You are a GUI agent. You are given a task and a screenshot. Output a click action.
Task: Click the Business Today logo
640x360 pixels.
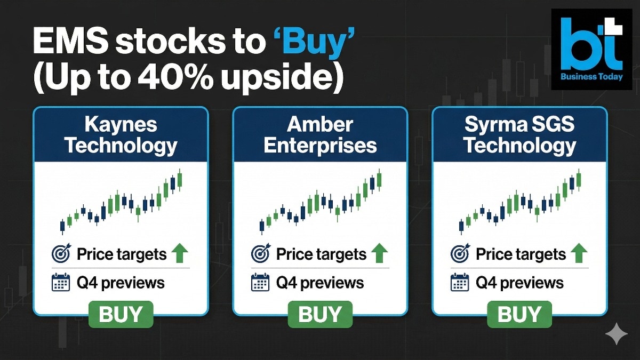click(591, 49)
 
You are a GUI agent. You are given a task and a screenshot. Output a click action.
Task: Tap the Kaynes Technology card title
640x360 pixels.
click(121, 135)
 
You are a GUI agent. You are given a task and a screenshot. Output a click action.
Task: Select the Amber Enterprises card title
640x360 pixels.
click(320, 135)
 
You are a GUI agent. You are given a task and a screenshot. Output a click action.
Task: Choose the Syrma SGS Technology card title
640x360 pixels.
click(519, 135)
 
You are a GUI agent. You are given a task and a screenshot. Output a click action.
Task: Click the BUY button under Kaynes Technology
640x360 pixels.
click(121, 314)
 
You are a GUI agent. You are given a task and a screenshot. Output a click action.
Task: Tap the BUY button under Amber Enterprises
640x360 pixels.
click(320, 314)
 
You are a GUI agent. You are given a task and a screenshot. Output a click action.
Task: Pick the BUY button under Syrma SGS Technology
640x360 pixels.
click(519, 314)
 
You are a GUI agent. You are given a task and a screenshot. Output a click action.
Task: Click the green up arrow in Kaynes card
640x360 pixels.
click(180, 253)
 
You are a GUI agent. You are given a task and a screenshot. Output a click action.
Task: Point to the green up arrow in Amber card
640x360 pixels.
click(379, 253)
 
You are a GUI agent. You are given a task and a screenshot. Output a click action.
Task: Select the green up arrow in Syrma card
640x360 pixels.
click(579, 253)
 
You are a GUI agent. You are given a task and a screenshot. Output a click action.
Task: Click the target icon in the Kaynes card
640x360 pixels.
click(61, 254)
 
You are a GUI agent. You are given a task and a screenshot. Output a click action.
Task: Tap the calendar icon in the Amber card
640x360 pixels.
click(260, 282)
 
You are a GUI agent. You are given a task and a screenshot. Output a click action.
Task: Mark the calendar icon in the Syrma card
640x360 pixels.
click(460, 282)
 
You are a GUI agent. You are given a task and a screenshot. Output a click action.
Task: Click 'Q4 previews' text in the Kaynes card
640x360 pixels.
click(121, 282)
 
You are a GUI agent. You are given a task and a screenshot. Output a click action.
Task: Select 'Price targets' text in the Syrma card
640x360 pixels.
click(521, 254)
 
